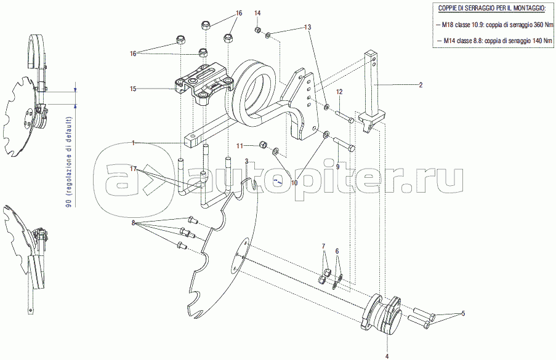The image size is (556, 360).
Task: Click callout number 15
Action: point(132,89)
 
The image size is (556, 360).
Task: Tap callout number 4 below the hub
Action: point(387,356)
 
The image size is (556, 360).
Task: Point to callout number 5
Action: point(463,314)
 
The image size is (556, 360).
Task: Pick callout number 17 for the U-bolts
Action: point(132,168)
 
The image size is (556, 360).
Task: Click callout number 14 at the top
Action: point(257,13)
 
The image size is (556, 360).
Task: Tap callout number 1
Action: point(132,143)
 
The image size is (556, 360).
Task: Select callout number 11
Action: point(241,145)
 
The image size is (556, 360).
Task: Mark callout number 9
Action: point(337,166)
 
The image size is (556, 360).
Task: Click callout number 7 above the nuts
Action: point(323,247)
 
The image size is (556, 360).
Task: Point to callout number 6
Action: point(337,251)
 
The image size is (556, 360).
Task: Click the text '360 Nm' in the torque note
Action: point(530,25)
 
